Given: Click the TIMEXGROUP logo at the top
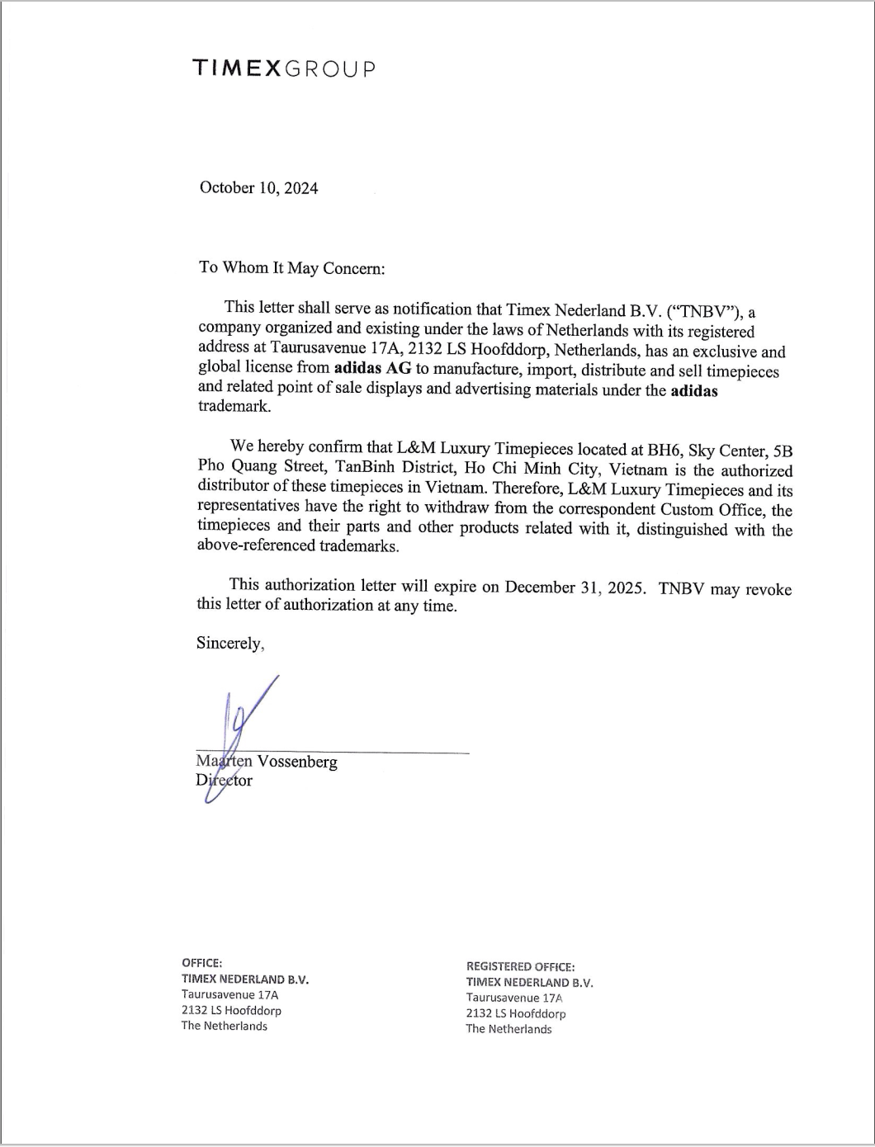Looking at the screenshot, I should (284, 68).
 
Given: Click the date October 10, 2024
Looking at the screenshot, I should (258, 188).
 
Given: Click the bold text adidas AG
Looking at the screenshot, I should (372, 369).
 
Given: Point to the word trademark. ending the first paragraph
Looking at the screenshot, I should (234, 406).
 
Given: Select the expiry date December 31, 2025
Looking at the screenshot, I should (575, 588).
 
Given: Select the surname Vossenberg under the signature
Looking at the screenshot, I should (297, 762).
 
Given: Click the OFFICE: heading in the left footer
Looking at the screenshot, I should (201, 963).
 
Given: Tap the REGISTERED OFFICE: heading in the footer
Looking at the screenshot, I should (520, 966).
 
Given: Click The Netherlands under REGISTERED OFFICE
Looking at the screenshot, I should (508, 1029).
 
